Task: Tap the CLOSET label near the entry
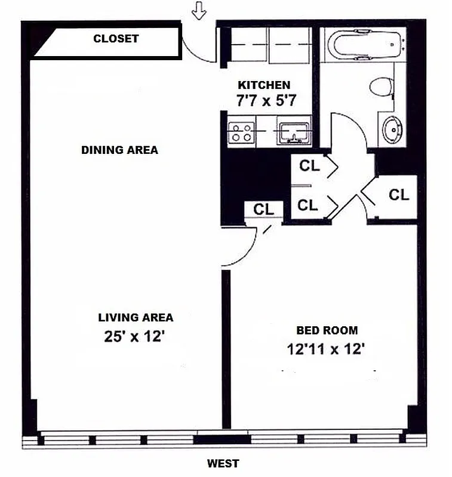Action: [x=115, y=39]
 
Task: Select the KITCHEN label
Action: [x=264, y=85]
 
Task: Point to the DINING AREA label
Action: [x=119, y=150]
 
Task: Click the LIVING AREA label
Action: [x=136, y=318]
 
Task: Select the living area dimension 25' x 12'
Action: [x=134, y=337]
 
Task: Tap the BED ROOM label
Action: [x=327, y=330]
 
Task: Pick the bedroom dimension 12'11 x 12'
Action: [x=325, y=349]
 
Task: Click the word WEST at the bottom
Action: [x=223, y=463]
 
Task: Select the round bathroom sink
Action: [x=391, y=129]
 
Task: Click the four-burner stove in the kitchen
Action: [x=241, y=132]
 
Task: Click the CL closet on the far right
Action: [x=399, y=195]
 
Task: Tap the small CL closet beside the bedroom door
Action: [x=263, y=210]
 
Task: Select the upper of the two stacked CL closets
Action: [x=309, y=166]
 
